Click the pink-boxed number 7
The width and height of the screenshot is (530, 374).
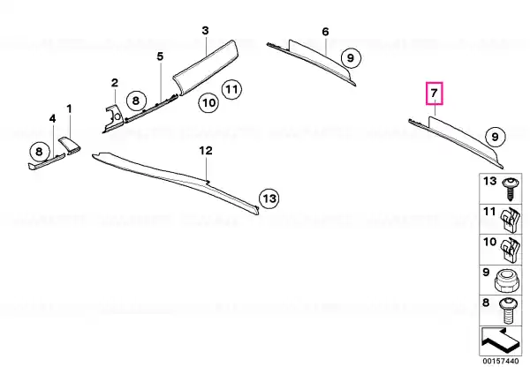pos(435,93)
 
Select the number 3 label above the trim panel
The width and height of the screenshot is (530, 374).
pos(205,31)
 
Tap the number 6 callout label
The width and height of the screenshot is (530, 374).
pos(325,32)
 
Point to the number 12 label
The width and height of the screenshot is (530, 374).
pos(206,151)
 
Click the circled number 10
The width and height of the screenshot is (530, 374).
pos(208,102)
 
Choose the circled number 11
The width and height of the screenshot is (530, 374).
pos(231,89)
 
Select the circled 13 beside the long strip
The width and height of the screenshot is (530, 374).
pos(269,198)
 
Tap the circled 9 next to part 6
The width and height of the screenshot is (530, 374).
pos(351,58)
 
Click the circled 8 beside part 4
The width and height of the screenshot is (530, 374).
pos(39,152)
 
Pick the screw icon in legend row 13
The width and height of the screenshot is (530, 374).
pos(510,189)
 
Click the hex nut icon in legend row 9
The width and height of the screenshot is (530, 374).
pos(507,280)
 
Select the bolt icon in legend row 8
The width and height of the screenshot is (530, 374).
pos(508,310)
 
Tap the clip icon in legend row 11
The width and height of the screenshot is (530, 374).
pos(510,220)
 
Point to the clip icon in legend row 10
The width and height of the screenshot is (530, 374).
pos(510,251)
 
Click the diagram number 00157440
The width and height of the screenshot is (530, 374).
pos(501,361)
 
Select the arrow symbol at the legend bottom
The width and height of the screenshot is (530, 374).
pos(499,340)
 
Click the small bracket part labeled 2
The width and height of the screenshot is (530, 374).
pos(114,119)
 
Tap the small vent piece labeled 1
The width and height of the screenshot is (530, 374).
pos(71,146)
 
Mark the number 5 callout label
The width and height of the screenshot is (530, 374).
pos(160,56)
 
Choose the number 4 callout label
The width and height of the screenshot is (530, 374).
pos(52,118)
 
